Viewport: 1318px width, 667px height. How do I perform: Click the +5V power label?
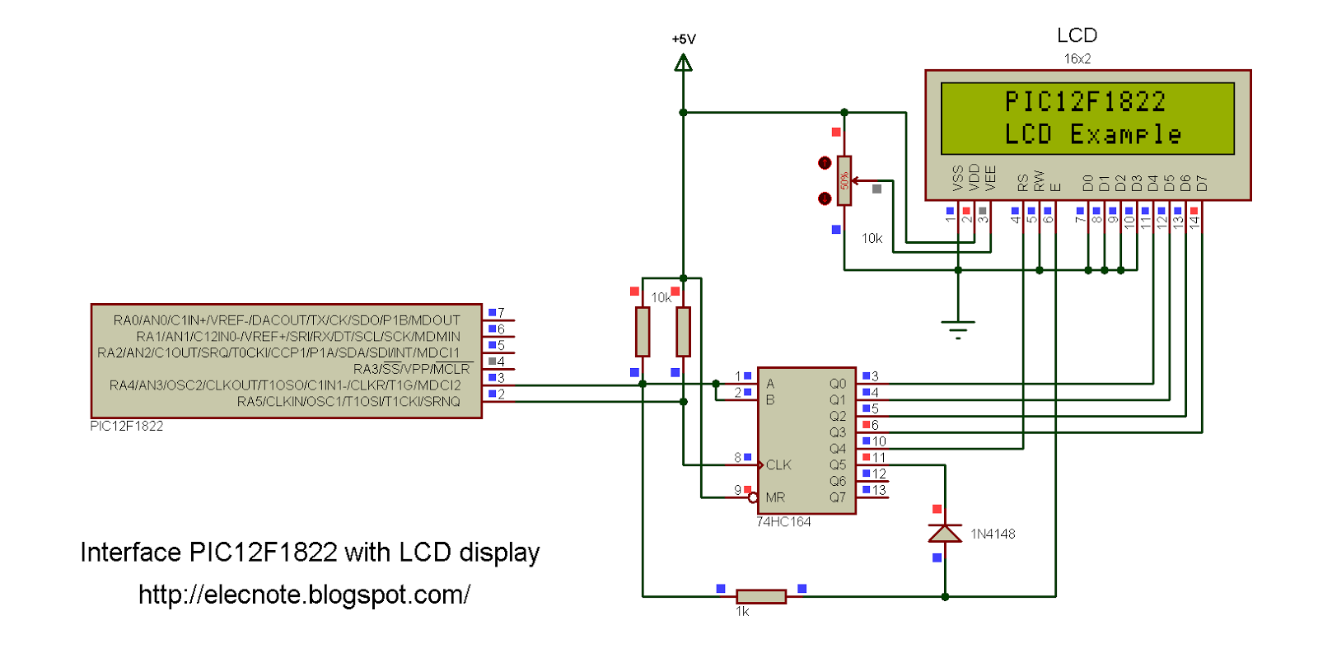tap(684, 39)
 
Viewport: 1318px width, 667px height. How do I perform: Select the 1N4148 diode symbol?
tap(945, 533)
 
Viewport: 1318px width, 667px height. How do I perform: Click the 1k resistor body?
tap(761, 596)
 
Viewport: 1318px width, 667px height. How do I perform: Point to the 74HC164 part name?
tap(783, 522)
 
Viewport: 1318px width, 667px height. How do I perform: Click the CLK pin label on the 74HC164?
tap(778, 464)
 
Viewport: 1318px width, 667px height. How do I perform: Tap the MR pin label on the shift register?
tap(775, 497)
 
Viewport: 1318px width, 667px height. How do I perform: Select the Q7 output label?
tap(837, 497)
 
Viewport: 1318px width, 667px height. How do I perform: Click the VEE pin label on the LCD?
tap(990, 178)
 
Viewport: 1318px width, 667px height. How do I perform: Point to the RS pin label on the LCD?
tap(1022, 183)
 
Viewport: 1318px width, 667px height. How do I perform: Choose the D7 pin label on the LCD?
tap(1202, 184)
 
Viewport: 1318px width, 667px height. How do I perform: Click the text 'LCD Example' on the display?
tap(1092, 135)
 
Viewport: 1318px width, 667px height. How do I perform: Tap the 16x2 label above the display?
tap(1077, 58)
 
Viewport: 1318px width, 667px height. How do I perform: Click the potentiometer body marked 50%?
tap(844, 180)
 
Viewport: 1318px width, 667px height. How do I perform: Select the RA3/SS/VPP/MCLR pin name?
tap(411, 369)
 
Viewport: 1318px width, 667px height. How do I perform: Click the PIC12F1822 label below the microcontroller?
tap(127, 426)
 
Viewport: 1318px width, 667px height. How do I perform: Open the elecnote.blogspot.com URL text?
tap(304, 595)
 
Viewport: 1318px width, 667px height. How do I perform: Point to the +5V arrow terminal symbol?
tap(683, 63)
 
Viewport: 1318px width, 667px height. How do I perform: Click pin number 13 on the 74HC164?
tap(879, 490)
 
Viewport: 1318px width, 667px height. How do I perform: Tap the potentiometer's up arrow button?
tap(825, 163)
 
